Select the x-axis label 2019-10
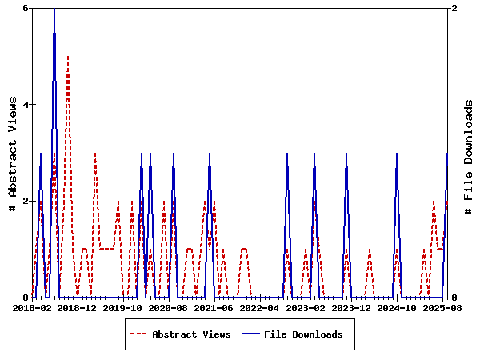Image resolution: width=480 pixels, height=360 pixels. (123, 307)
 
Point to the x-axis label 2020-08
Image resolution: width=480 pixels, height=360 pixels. (169, 307)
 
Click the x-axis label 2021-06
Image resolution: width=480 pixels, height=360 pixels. (215, 307)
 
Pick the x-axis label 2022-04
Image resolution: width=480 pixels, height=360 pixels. (261, 307)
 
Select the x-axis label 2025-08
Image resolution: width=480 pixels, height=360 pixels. (442, 307)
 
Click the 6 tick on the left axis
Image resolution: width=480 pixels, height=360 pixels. (26, 8)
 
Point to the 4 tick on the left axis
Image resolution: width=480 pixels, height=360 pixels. (26, 105)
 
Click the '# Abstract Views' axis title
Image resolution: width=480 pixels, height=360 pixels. (12, 153)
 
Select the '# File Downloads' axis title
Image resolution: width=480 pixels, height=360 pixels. (470, 153)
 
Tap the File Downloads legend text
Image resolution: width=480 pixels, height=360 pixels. (303, 334)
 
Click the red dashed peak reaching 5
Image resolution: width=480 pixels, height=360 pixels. (68, 57)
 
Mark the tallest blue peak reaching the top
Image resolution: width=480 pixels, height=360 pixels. (54, 10)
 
